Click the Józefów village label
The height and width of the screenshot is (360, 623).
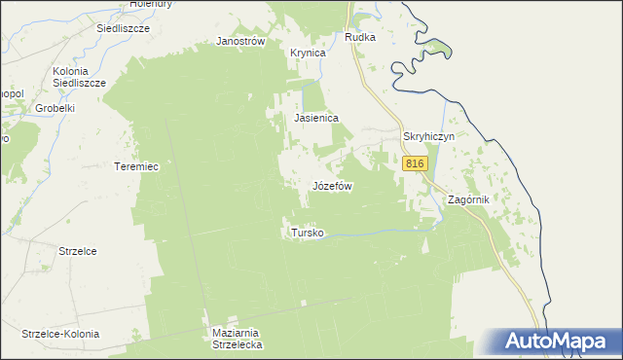331,185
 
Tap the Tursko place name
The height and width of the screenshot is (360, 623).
307,233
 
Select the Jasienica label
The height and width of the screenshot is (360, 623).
316,118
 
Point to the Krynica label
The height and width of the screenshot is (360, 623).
308,53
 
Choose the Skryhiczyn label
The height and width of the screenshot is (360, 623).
429,137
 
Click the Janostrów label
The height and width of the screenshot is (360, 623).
240,42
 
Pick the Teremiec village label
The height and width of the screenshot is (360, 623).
136,166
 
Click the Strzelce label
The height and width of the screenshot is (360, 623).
78,250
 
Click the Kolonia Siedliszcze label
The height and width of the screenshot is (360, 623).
79,78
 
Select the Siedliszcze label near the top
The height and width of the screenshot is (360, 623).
122,29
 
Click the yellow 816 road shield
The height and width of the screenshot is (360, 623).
415,164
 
